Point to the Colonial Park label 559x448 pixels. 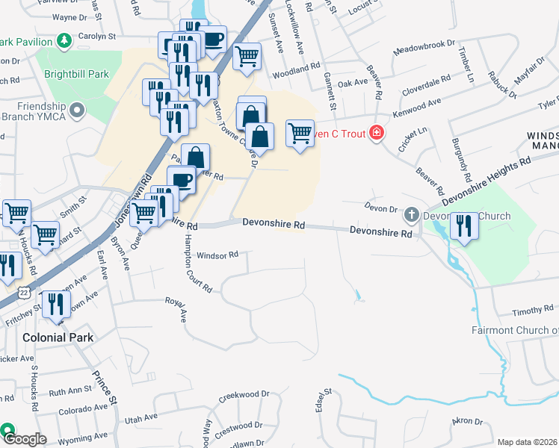(58, 337)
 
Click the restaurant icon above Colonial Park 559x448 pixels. (56, 305)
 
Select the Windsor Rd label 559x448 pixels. (217, 255)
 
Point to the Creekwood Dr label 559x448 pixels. (244, 394)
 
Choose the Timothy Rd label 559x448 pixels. (532, 309)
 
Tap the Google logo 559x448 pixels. (24, 439)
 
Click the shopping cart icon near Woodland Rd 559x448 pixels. (247, 56)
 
